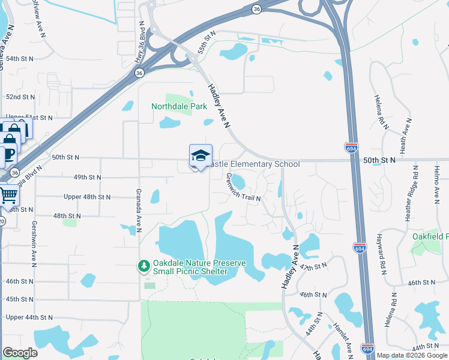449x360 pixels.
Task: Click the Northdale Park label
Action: [x=179, y=106]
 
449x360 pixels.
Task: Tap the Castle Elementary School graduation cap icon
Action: [x=200, y=156]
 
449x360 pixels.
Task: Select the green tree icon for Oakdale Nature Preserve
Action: [x=143, y=265]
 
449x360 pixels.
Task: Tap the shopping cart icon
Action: [x=8, y=194]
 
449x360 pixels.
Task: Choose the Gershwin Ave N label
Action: [x=34, y=247]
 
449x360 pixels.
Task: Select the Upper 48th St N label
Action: [x=88, y=197]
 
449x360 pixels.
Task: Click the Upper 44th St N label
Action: [x=29, y=317]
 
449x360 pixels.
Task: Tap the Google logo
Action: [x=20, y=353]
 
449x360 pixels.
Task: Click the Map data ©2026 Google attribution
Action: [x=412, y=355]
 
